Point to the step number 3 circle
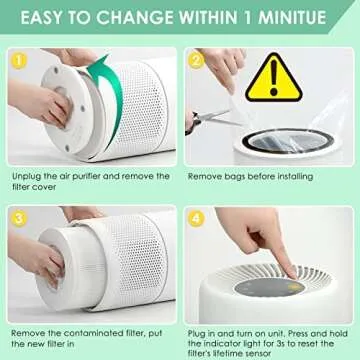(17, 216)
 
